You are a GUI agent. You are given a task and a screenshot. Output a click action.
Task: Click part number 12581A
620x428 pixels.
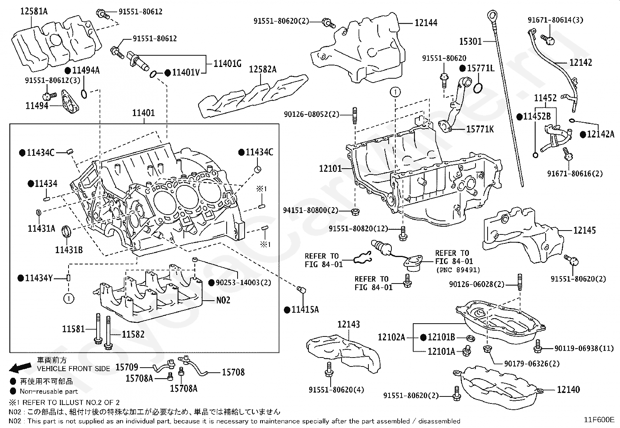pos(34,11)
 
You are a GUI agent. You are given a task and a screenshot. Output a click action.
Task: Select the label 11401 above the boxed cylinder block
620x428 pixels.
pos(143,113)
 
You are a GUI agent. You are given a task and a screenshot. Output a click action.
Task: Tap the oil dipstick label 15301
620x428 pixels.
pos(470,42)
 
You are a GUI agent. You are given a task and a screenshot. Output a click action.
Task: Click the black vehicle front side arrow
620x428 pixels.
pos(20,367)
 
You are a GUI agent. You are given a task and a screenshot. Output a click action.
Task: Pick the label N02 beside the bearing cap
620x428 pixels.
pos(223,300)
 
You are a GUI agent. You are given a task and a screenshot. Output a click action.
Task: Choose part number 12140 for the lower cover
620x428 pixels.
pos(568,389)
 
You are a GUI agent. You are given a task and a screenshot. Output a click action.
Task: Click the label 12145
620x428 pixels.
pos(584,230)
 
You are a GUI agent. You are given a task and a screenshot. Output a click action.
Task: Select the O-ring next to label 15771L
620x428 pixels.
pos(478,88)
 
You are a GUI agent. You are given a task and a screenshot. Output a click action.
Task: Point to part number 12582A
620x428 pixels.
pos(262,69)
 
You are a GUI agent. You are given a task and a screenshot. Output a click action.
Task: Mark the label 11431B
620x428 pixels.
pos(69,250)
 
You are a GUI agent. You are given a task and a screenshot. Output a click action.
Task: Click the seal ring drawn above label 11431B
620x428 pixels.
pos(66,231)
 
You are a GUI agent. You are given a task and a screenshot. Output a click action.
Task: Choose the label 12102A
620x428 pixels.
pos(391,337)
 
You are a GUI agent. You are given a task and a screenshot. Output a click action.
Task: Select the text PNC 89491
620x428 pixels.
pos(458,269)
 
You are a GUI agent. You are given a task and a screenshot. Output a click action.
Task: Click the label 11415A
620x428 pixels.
pos(305,310)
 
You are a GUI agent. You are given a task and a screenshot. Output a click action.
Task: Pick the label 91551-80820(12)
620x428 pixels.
pos(358,229)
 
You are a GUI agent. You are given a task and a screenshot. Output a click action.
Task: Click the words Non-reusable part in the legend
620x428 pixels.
pos(49,391)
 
